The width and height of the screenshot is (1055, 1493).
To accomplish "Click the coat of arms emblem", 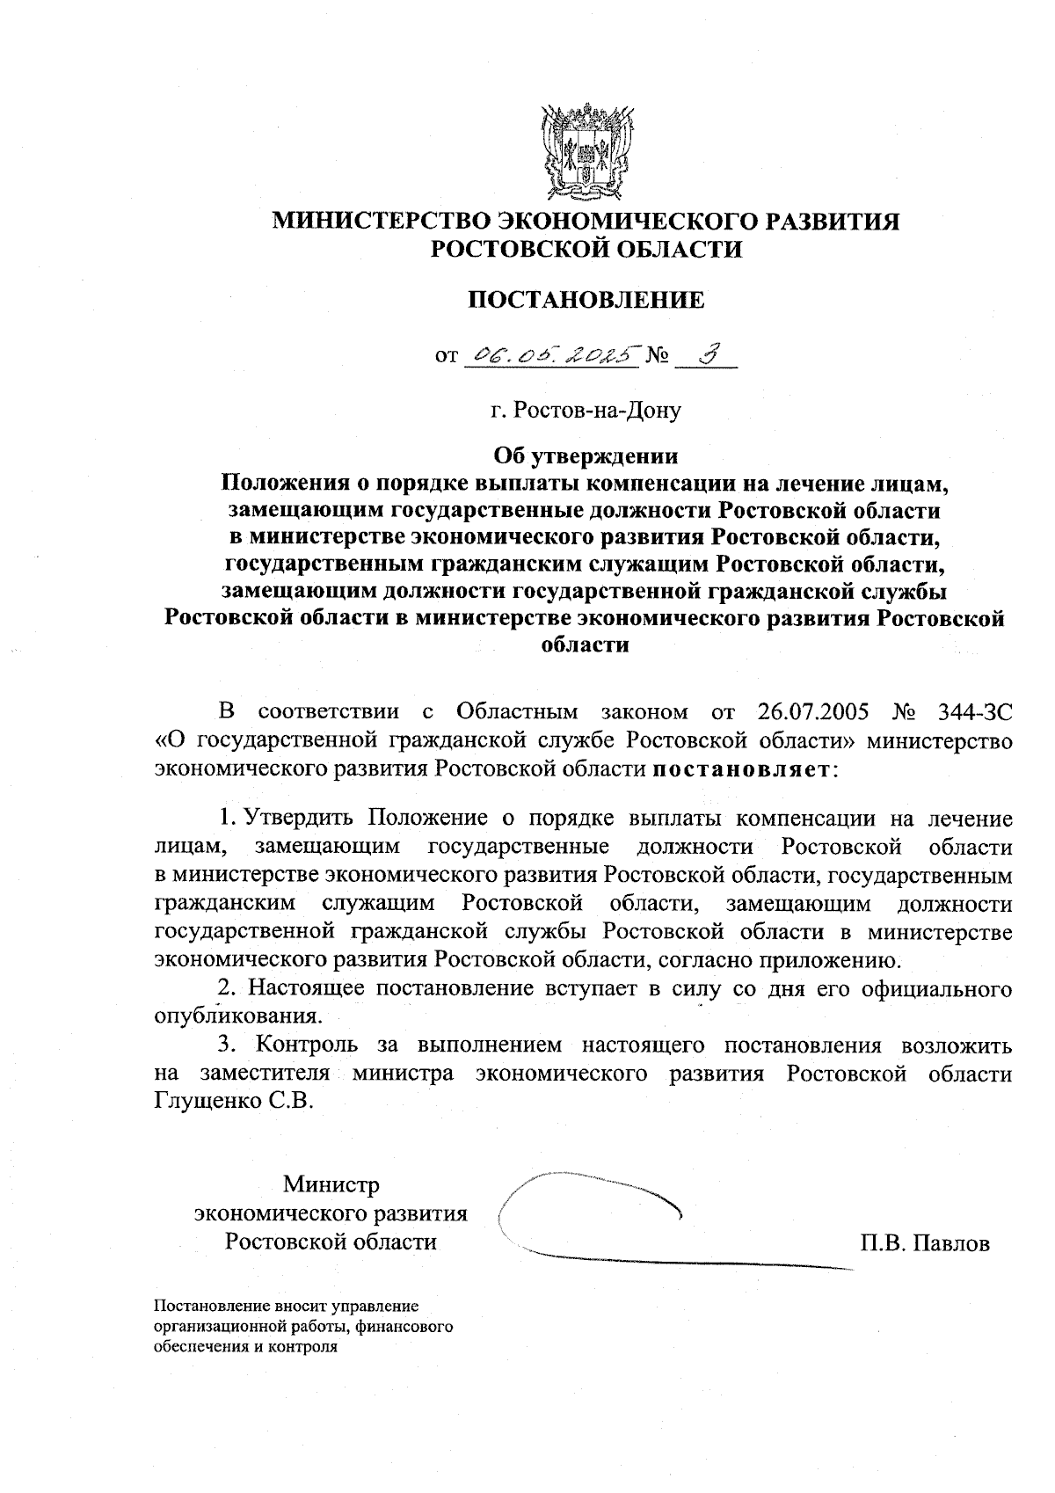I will tap(586, 151).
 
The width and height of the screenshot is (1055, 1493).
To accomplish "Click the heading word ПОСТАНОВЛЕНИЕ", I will tap(586, 300).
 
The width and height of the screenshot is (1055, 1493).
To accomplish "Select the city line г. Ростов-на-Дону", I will tap(586, 410).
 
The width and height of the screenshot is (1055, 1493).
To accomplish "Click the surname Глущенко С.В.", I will tap(234, 1101).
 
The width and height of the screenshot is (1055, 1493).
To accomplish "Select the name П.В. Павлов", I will tap(926, 1243).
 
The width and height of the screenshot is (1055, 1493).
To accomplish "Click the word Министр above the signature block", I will tap(331, 1185).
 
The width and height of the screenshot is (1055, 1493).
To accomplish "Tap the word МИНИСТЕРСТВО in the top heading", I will tap(379, 221).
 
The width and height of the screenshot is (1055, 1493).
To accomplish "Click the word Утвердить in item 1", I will tap(298, 819).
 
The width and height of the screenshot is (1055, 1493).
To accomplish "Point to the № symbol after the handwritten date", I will tap(658, 356).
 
